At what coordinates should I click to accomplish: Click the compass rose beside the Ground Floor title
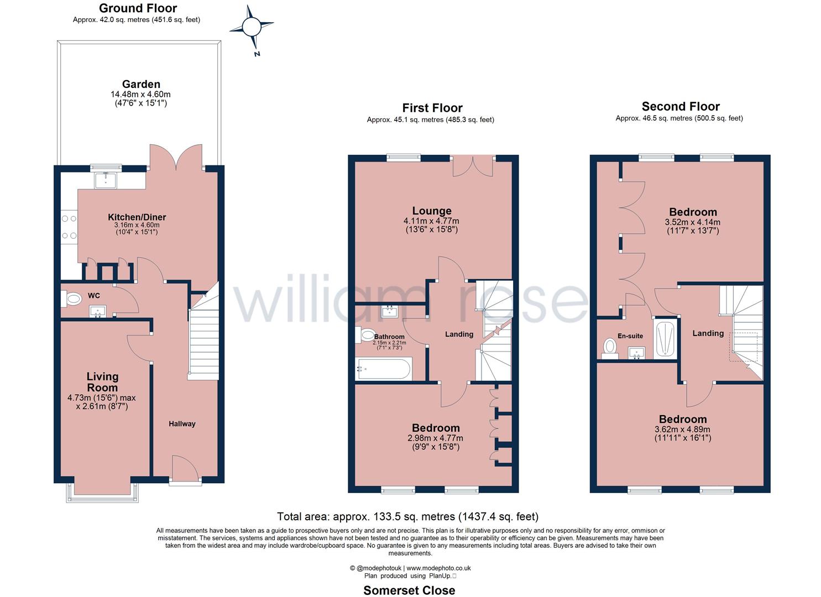(x=252, y=28)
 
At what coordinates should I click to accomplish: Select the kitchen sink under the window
(x=105, y=180)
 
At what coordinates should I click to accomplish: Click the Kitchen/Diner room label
(x=137, y=217)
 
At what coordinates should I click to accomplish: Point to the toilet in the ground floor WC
(x=71, y=299)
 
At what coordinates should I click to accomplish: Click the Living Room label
(x=102, y=382)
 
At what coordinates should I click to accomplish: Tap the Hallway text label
(x=182, y=424)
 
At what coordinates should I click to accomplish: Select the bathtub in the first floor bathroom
(x=384, y=369)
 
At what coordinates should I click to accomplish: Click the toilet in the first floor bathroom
(x=366, y=335)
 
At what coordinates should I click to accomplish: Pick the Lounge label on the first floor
(x=432, y=211)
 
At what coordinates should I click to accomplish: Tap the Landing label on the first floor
(x=459, y=334)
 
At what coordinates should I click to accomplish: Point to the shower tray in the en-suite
(x=665, y=338)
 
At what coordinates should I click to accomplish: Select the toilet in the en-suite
(x=610, y=347)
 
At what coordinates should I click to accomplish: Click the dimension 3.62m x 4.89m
(x=682, y=429)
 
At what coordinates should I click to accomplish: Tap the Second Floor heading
(x=681, y=107)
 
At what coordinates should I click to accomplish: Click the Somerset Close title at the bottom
(x=409, y=590)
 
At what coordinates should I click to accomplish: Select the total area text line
(x=407, y=517)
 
